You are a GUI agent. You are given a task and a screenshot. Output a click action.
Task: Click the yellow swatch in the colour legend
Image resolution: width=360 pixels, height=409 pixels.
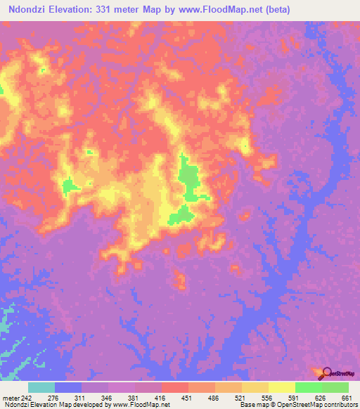pyautogui.click(x=281, y=387)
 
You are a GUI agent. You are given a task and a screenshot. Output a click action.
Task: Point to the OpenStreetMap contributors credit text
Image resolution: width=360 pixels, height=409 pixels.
pyautogui.click(x=309, y=405)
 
